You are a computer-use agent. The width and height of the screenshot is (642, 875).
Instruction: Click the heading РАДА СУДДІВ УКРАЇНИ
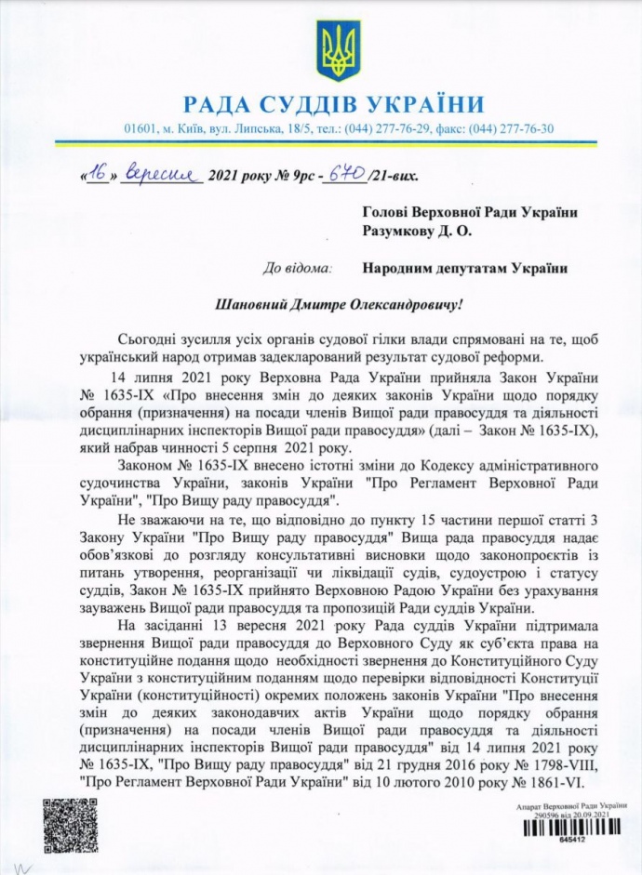[334, 103]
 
